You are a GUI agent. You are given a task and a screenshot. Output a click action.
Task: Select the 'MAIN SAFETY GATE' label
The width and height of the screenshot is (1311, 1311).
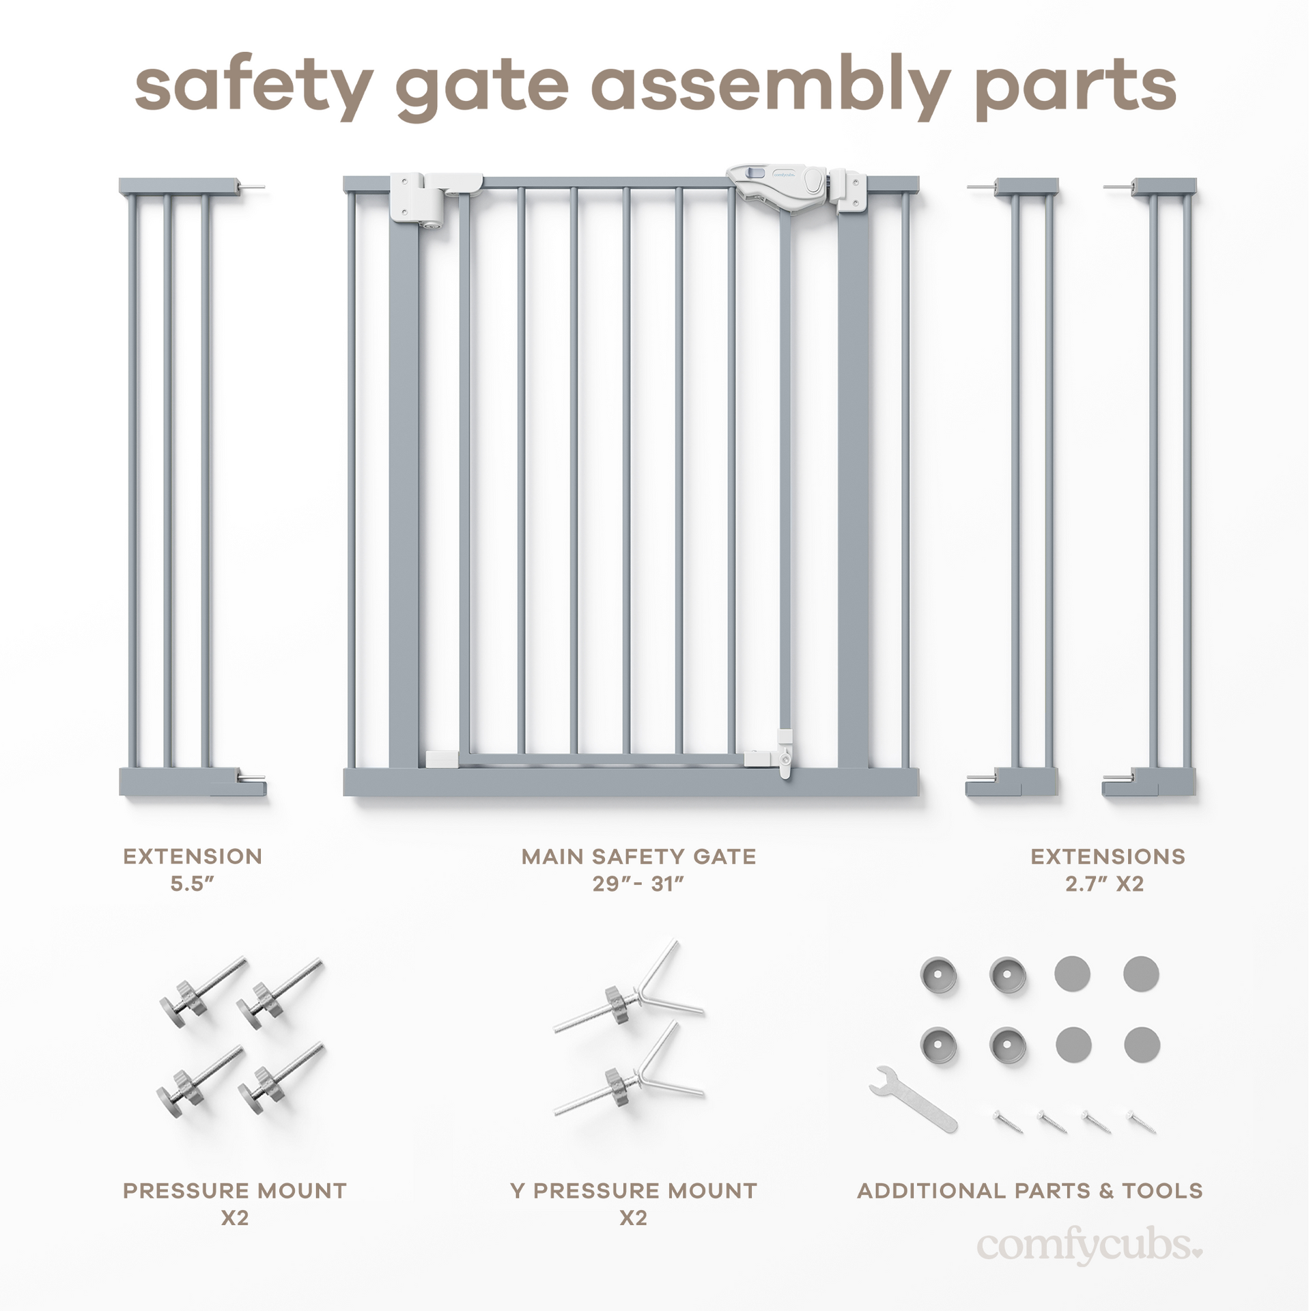(638, 856)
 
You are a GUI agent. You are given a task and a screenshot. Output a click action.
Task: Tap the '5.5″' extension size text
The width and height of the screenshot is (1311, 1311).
(193, 884)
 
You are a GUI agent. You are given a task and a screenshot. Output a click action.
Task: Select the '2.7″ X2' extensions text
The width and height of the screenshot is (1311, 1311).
(1104, 884)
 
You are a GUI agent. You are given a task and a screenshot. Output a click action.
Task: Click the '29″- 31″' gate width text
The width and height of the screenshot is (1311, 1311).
(638, 884)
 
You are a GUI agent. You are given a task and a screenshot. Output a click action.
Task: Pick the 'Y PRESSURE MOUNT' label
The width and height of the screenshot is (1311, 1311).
(634, 1191)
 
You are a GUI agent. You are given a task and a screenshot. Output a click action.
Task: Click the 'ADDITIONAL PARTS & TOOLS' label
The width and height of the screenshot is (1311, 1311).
(1030, 1191)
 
